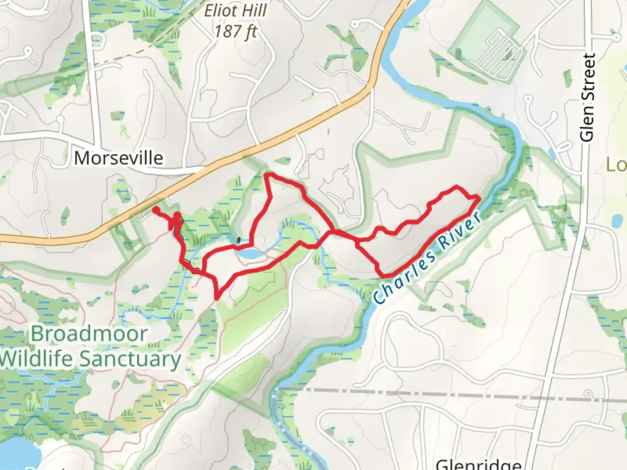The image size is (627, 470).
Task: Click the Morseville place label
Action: coord(118,158)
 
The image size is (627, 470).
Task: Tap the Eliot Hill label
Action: coord(235,10)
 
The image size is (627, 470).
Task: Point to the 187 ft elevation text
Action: coord(235,31)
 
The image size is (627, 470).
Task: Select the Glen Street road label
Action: coord(588,97)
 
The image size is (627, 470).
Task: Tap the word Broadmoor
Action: coord(89,334)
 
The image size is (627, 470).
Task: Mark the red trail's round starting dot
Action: coord(155,210)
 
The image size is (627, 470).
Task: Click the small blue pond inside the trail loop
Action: coord(246,254)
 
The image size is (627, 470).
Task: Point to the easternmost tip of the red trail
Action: coord(479,198)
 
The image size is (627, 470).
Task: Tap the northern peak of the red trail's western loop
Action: coord(268,175)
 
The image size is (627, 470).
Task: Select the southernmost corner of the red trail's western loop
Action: coord(216,298)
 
